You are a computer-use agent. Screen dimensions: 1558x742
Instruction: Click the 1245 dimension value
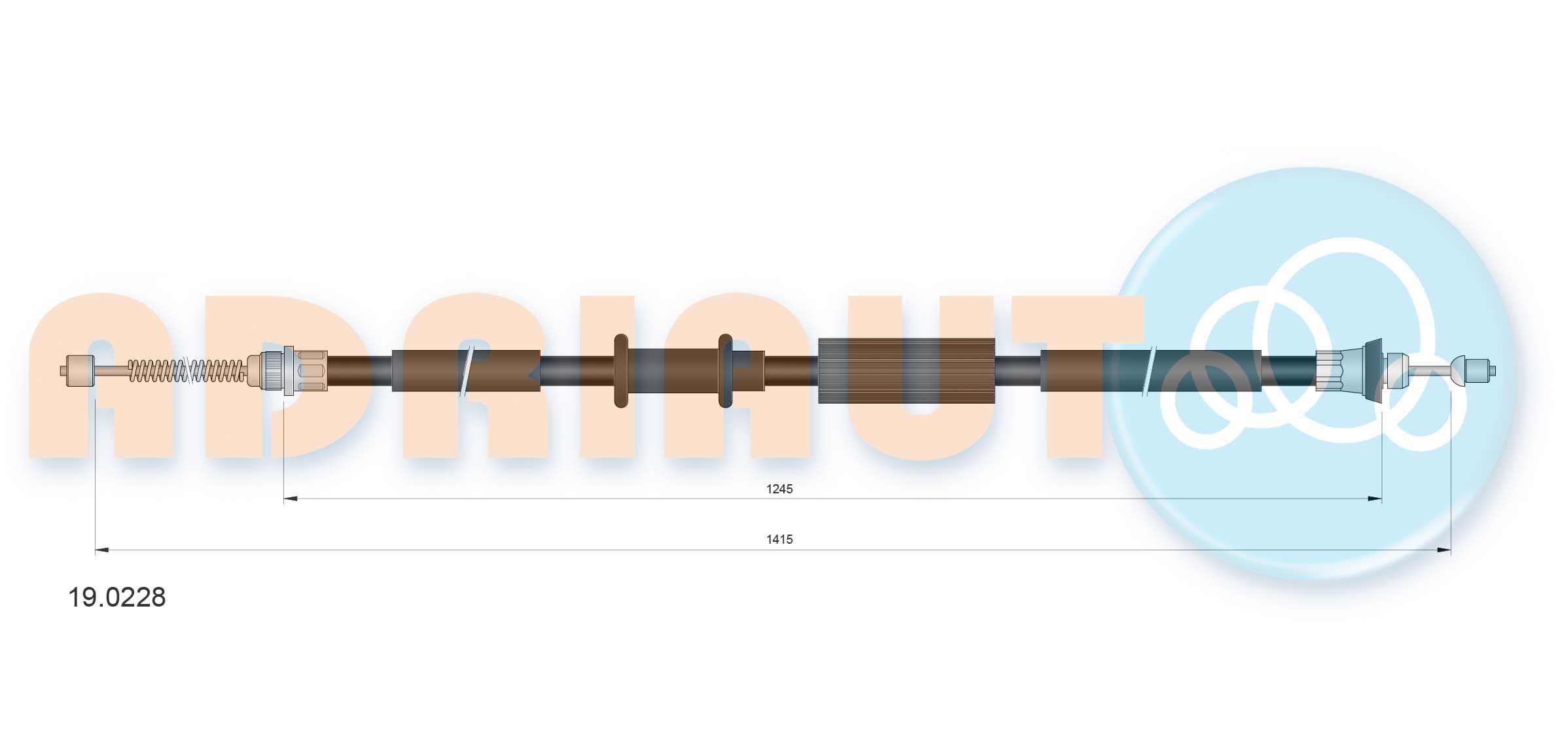779,489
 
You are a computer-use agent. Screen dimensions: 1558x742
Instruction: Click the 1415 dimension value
779,539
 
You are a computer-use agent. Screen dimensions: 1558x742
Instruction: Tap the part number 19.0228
117,597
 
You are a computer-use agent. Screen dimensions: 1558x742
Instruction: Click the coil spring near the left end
186,371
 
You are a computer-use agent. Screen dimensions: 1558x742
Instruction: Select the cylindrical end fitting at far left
80,370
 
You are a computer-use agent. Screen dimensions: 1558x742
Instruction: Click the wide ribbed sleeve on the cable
906,370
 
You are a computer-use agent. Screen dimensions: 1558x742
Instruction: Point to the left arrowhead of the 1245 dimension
291,499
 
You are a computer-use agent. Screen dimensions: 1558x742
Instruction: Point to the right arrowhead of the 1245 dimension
1375,499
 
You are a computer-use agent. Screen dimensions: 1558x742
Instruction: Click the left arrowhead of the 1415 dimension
102,550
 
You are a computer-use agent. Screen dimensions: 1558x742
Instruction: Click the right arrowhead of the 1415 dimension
1444,550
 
